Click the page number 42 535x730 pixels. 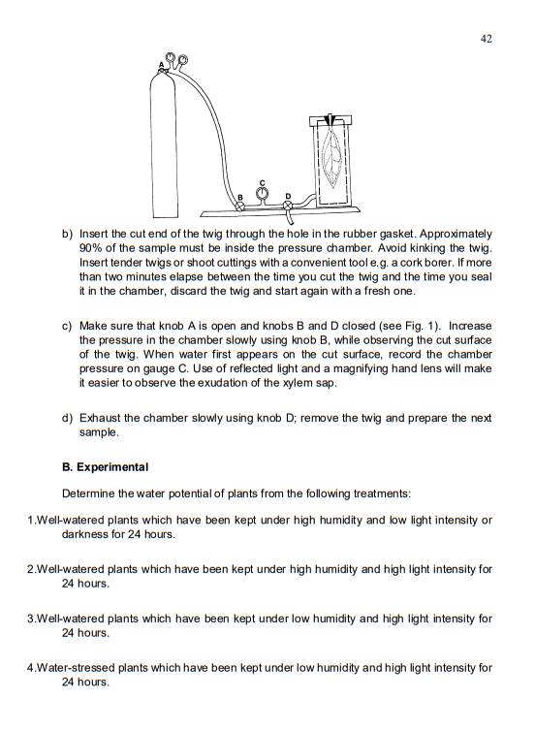486,38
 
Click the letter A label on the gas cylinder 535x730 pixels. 162,63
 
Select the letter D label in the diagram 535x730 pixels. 287,197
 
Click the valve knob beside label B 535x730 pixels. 240,206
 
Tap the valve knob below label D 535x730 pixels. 287,206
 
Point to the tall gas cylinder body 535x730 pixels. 162,145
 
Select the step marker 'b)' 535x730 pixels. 68,235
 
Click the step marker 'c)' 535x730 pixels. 68,327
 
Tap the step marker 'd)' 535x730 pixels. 68,418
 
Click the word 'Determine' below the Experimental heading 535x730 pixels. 90,493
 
